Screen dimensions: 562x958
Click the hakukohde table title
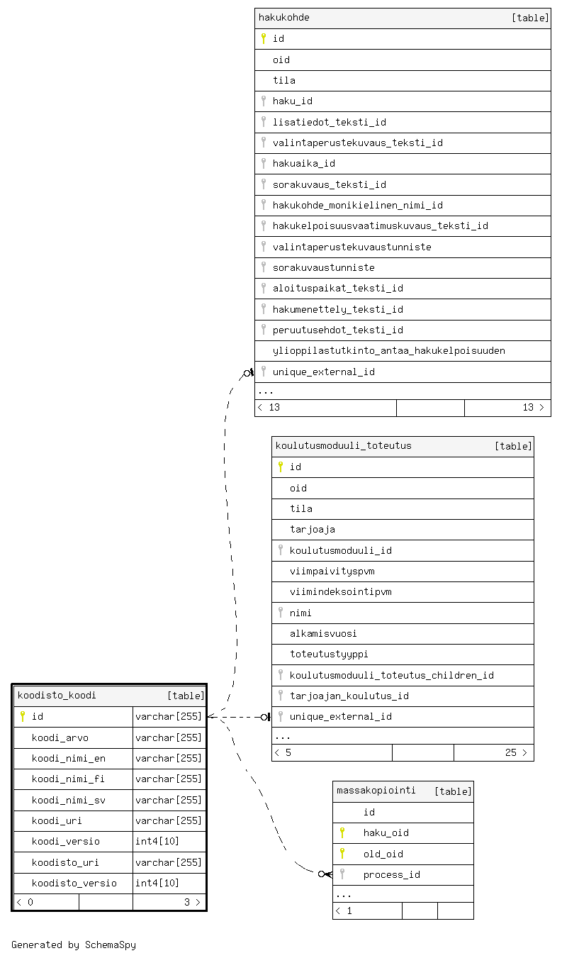pyautogui.click(x=283, y=18)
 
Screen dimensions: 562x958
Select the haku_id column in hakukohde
pyautogui.click(x=292, y=101)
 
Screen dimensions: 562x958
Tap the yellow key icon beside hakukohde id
pyautogui.click(x=264, y=38)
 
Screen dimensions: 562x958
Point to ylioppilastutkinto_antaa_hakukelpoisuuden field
pyautogui.click(x=388, y=351)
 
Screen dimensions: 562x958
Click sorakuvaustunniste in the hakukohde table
pyautogui.click(x=324, y=268)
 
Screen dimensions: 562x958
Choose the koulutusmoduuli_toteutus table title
pyautogui.click(x=343, y=445)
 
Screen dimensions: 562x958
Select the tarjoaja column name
pyautogui.click(x=312, y=530)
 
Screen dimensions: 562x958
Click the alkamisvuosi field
pyautogui.click(x=323, y=633)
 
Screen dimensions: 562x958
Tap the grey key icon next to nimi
pyautogui.click(x=281, y=613)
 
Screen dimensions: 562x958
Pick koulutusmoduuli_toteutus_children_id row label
pyautogui.click(x=391, y=675)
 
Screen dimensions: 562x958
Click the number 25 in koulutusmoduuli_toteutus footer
pyautogui.click(x=511, y=753)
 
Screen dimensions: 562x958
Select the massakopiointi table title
pyautogui.click(x=376, y=790)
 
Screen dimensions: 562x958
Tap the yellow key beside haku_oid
pyautogui.click(x=342, y=832)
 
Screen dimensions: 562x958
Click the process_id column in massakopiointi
pyautogui.click(x=391, y=874)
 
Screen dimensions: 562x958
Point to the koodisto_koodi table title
pyautogui.click(x=57, y=696)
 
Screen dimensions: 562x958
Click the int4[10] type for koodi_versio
pyautogui.click(x=157, y=841)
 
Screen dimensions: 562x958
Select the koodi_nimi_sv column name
pyautogui.click(x=68, y=800)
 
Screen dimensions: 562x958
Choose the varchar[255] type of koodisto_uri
pyautogui.click(x=169, y=862)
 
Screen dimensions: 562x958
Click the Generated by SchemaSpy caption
pyautogui.click(x=74, y=945)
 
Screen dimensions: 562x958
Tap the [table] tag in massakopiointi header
pyautogui.click(x=453, y=791)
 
